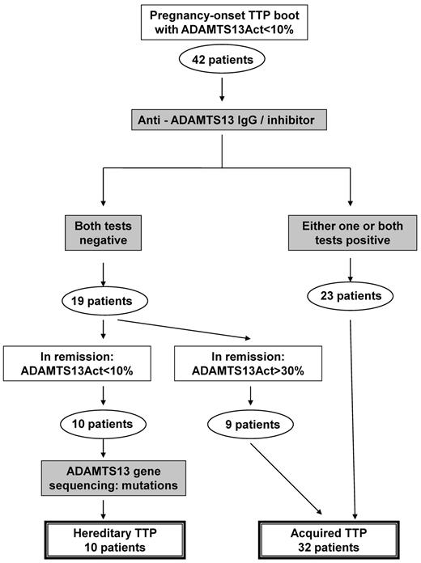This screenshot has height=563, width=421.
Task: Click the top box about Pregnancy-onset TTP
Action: pyautogui.click(x=210, y=23)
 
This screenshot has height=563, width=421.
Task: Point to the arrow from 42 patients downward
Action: pyautogui.click(x=210, y=89)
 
